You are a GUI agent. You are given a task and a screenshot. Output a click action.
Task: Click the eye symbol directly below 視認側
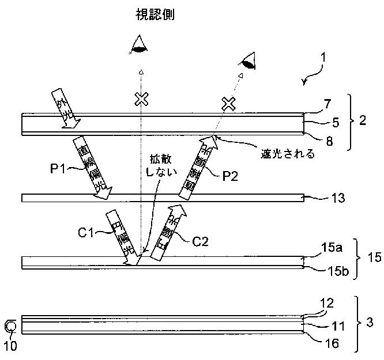(139, 44)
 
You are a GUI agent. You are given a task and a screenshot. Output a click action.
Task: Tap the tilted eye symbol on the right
(249, 60)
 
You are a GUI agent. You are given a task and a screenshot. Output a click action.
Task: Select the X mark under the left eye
(140, 99)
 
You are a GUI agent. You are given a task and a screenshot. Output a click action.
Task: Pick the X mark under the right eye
(229, 104)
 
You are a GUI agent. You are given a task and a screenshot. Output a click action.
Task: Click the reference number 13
(339, 199)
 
